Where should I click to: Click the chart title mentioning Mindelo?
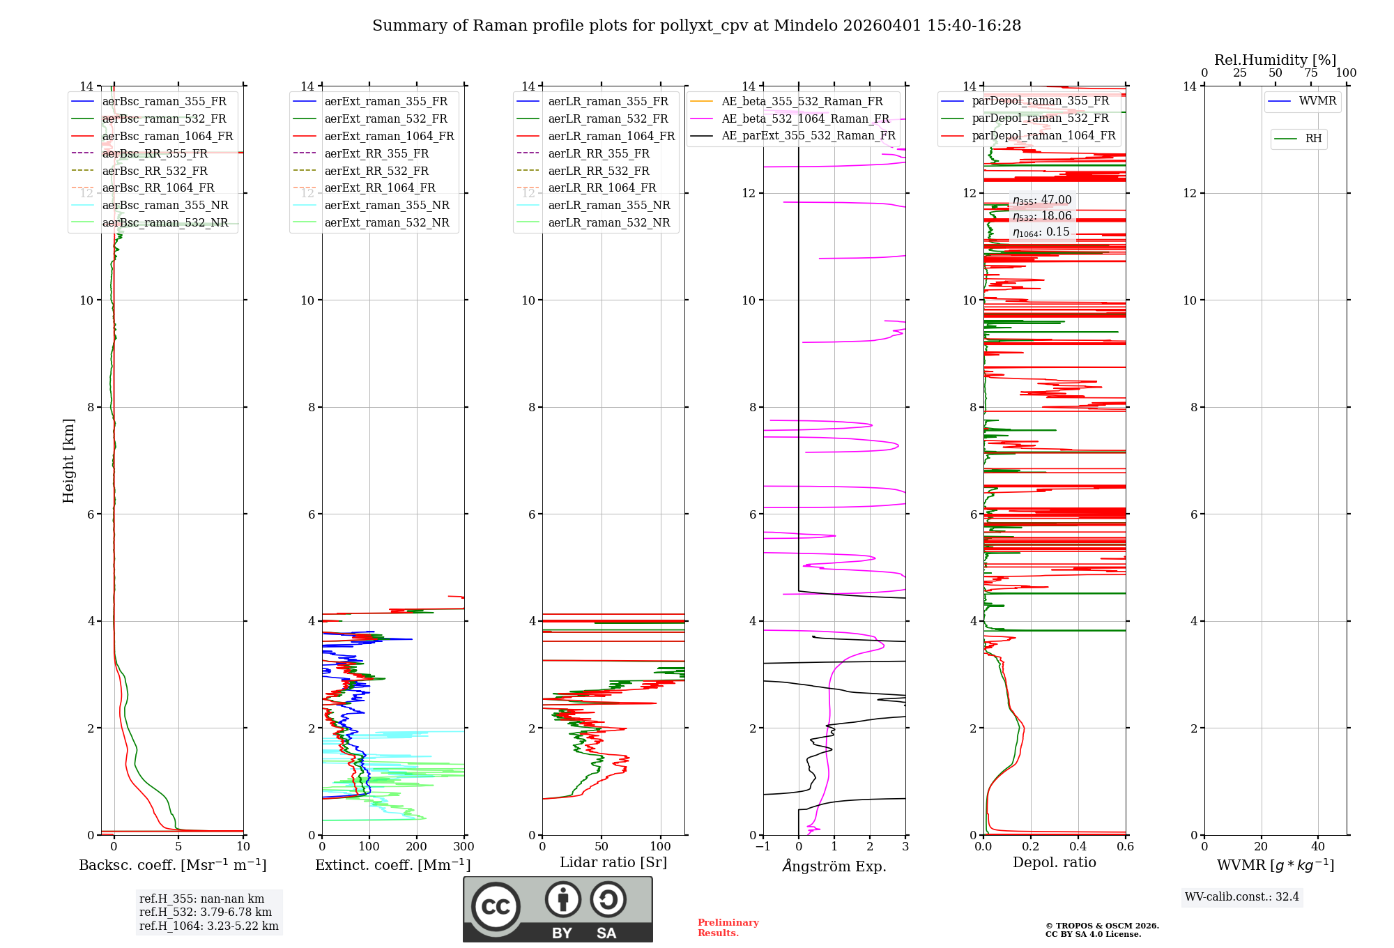(x=696, y=26)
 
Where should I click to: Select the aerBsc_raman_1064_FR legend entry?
(x=167, y=136)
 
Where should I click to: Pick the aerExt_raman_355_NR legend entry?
(x=387, y=205)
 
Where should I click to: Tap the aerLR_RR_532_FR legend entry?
(x=598, y=171)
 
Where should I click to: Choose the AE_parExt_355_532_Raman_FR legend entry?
(x=808, y=135)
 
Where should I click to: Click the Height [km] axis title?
(x=68, y=461)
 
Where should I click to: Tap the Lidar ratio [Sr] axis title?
(x=613, y=862)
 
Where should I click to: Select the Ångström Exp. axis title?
(x=834, y=866)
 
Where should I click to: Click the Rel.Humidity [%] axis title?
(x=1275, y=60)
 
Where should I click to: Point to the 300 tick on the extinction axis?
(x=464, y=847)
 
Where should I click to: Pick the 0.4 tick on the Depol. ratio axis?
(x=1078, y=847)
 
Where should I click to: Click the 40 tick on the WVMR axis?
(x=1317, y=847)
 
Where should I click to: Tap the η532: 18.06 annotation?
(x=1042, y=216)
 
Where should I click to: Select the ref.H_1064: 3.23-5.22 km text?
(x=208, y=926)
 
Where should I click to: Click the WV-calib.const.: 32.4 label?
(x=1242, y=896)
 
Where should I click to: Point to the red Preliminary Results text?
(x=728, y=927)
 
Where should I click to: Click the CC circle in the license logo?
(x=496, y=906)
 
